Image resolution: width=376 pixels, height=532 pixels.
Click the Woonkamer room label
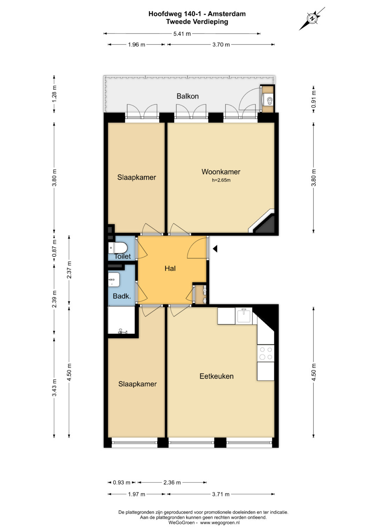click(x=221, y=172)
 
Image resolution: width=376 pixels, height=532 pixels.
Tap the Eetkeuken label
click(x=217, y=376)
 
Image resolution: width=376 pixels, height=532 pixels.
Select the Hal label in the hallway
click(x=170, y=268)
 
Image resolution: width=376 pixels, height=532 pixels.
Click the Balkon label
click(x=188, y=96)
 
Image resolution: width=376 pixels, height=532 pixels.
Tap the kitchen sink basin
click(x=244, y=316)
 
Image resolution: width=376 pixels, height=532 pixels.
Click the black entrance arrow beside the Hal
click(x=215, y=249)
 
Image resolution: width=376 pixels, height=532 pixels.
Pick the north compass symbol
click(x=312, y=18)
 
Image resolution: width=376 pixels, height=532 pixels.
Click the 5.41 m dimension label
click(x=182, y=34)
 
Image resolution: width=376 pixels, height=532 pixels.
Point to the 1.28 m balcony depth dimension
click(x=54, y=94)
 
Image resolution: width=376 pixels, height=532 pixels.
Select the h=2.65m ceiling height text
click(x=221, y=180)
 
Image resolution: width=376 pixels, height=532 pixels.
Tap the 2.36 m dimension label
click(x=172, y=483)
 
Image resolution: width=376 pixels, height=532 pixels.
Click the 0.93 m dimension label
click(x=122, y=483)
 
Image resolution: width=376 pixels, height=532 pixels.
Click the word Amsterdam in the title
click(x=227, y=14)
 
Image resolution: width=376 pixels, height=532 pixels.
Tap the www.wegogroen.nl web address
click(x=220, y=523)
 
